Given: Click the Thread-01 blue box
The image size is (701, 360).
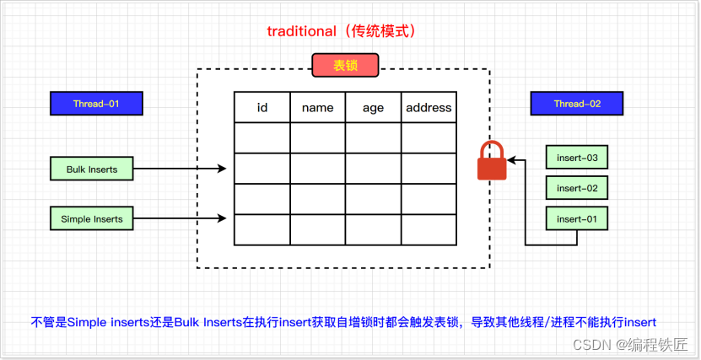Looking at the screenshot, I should [95, 104].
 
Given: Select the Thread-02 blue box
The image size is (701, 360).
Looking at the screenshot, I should [577, 104].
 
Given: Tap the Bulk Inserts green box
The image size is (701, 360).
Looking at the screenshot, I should [92, 169].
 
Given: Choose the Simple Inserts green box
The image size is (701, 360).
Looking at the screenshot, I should [92, 219].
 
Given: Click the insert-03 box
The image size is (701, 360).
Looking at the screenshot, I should [577, 158].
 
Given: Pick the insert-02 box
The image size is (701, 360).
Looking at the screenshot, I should [577, 188].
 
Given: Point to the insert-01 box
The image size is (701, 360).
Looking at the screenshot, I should [577, 219].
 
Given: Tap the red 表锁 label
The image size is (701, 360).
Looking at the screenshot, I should [345, 66].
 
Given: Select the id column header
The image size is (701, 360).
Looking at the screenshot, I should [262, 107].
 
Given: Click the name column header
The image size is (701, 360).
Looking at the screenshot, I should [317, 107].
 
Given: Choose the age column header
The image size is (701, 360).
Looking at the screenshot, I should [373, 107].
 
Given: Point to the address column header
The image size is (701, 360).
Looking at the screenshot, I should [429, 107].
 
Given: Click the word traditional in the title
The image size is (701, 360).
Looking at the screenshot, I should [301, 31].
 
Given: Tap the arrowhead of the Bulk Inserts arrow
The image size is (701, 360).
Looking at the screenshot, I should [222, 169].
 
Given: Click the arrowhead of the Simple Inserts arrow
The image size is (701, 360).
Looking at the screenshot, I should [222, 219].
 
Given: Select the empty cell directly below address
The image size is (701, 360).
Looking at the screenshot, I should [429, 137].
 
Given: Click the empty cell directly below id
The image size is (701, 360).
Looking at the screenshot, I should [262, 137].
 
